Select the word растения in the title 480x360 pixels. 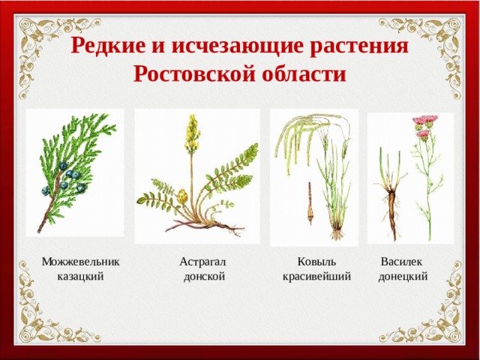coord(361,46)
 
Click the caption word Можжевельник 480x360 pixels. coord(80,262)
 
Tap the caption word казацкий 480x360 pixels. coord(80,276)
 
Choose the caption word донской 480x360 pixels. coord(204,276)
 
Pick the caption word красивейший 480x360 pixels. coord(316,276)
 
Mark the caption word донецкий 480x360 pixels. coord(403,276)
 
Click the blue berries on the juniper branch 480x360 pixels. coord(69,178)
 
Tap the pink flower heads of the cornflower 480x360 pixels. coord(424,124)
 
